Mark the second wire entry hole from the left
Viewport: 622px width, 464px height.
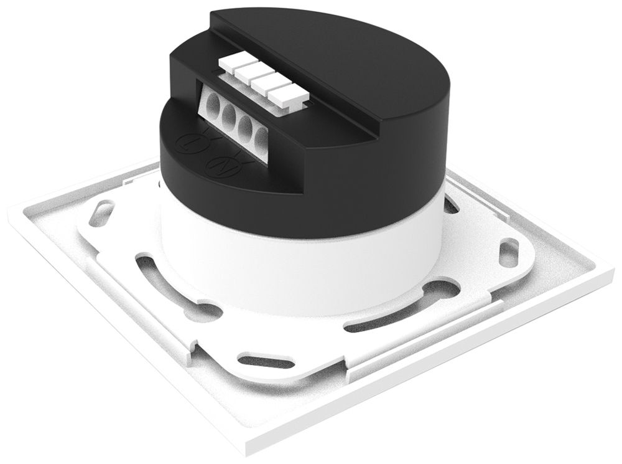pyautogui.click(x=230, y=115)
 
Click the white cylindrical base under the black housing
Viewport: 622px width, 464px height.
pyautogui.click(x=299, y=262)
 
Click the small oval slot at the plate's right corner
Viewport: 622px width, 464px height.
pyautogui.click(x=508, y=252)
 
